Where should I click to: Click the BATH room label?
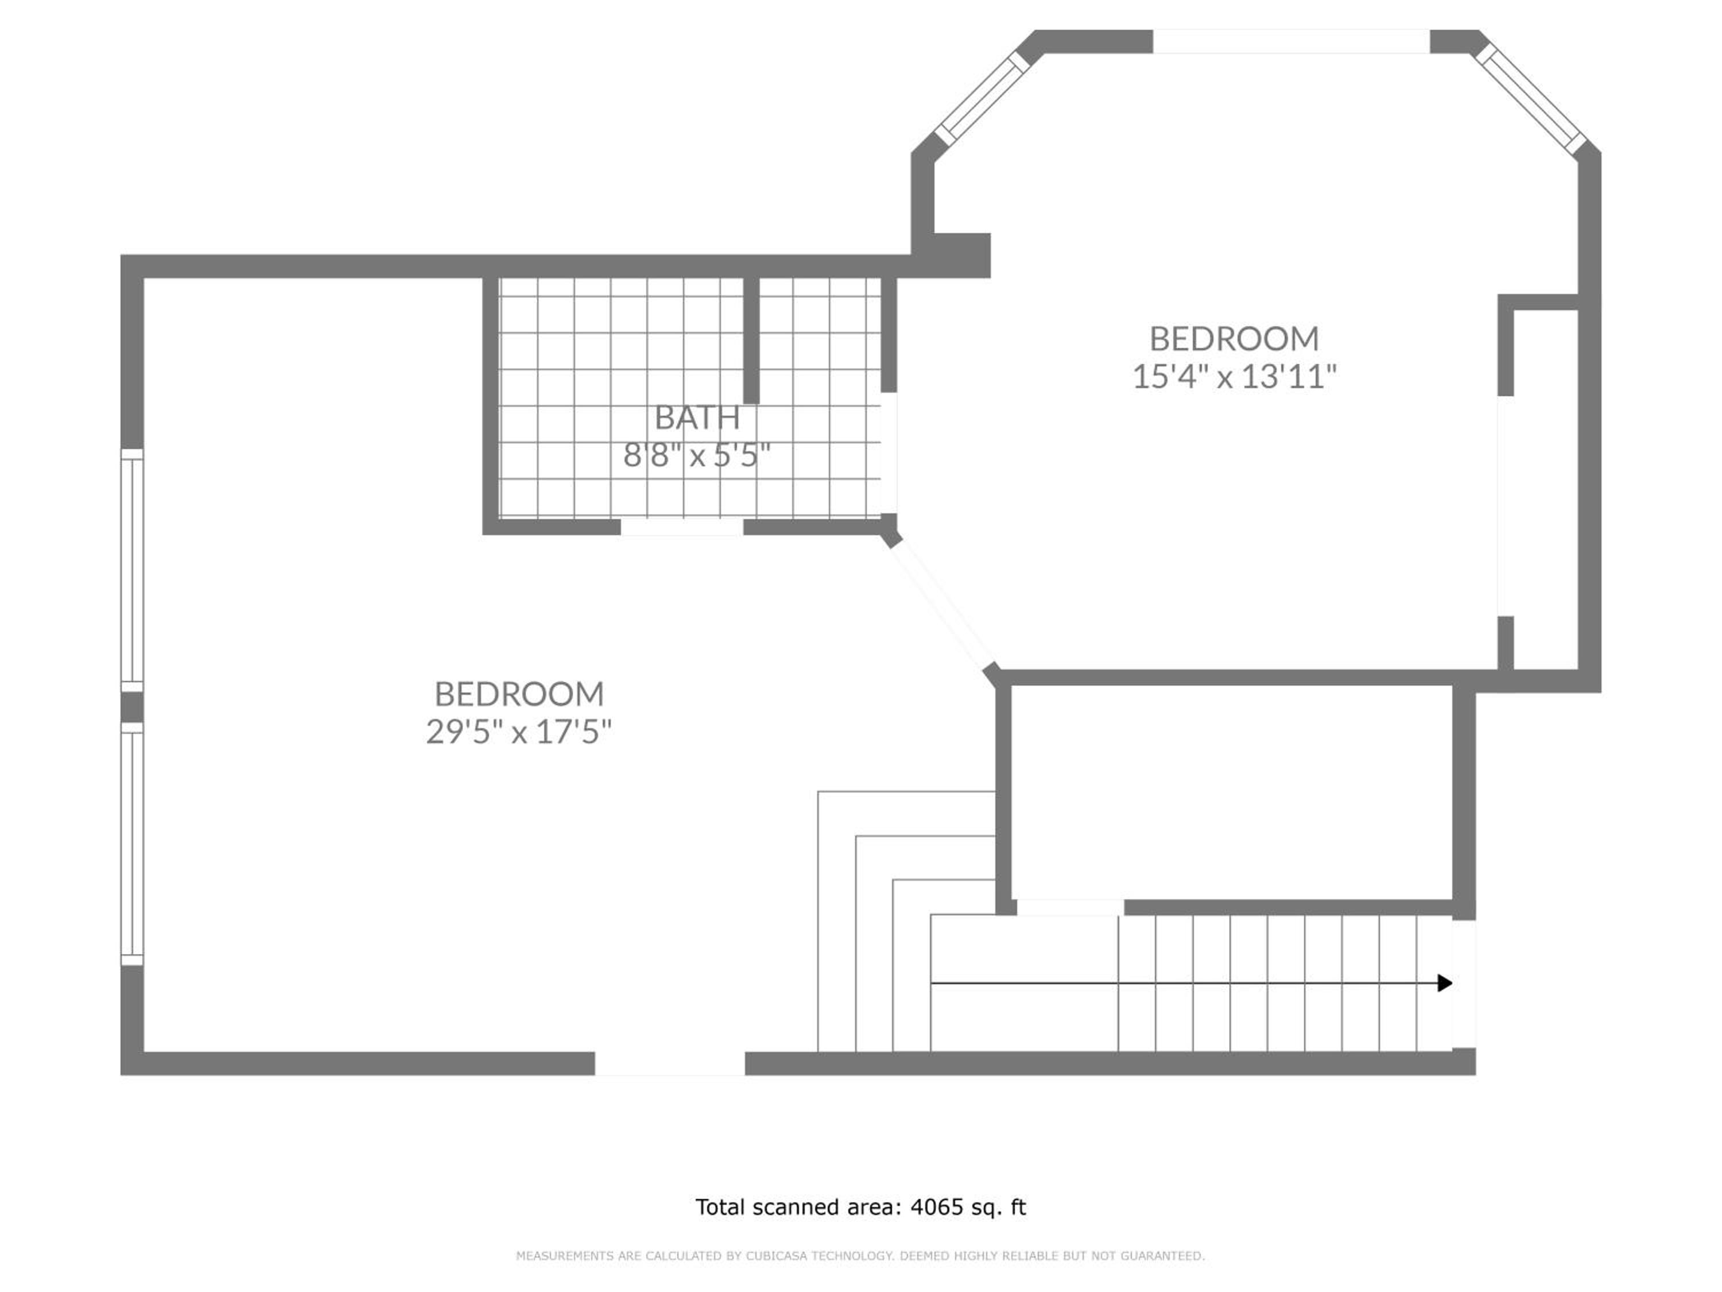click(697, 417)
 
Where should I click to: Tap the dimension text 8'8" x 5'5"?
click(697, 455)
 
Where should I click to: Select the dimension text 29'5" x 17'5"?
click(518, 732)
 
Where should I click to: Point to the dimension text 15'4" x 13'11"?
click(1234, 376)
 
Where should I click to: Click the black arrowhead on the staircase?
click(1445, 983)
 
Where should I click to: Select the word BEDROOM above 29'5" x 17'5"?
click(518, 693)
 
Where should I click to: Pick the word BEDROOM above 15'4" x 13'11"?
click(1234, 339)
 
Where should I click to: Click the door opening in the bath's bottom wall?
click(682, 527)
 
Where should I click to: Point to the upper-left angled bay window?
click(983, 98)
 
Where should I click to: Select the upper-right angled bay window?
click(1529, 98)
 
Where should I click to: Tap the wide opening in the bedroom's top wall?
click(1291, 41)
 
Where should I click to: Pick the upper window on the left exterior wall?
click(133, 570)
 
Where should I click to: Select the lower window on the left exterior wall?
click(133, 844)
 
